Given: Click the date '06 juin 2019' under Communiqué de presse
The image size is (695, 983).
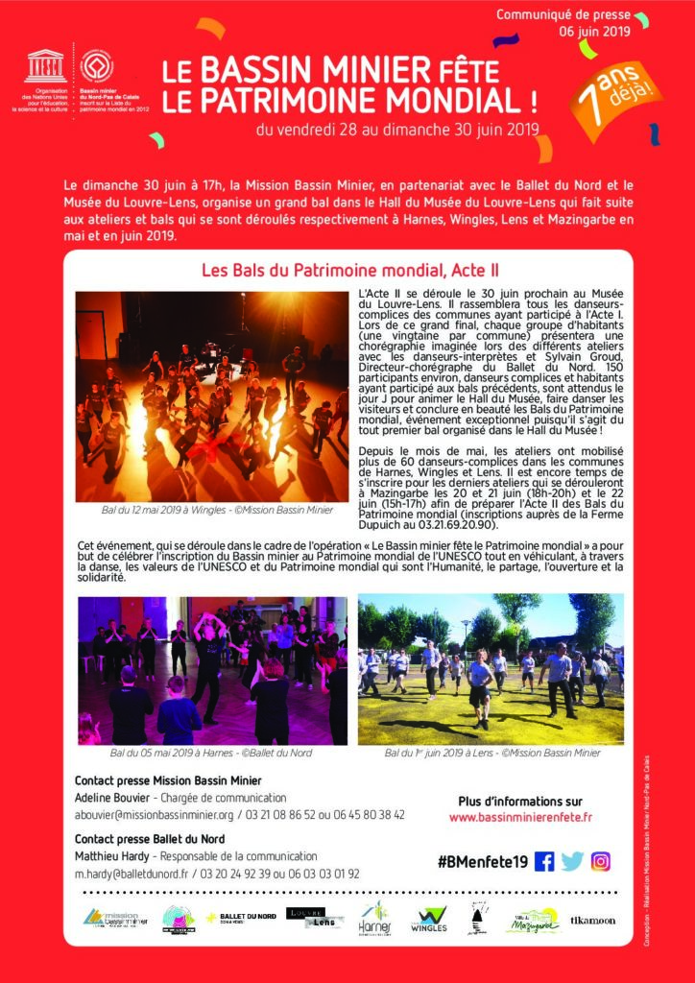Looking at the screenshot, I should click(x=594, y=31).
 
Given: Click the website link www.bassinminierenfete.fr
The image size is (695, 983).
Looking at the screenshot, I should click(x=520, y=817).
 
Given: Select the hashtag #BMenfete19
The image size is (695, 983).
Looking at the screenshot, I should click(x=482, y=862).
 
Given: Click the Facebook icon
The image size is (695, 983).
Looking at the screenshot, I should click(x=545, y=861).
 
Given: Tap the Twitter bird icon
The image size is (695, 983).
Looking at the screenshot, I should click(x=573, y=861).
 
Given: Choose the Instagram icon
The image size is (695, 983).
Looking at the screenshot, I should click(x=601, y=861).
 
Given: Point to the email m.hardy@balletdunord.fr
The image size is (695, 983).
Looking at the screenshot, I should click(x=132, y=874).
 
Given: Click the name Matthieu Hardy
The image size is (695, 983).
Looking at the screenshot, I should click(x=113, y=856).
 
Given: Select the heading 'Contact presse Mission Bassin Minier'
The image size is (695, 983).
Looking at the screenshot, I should click(x=168, y=780).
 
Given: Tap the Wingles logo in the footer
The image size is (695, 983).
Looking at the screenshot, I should click(x=428, y=922).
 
